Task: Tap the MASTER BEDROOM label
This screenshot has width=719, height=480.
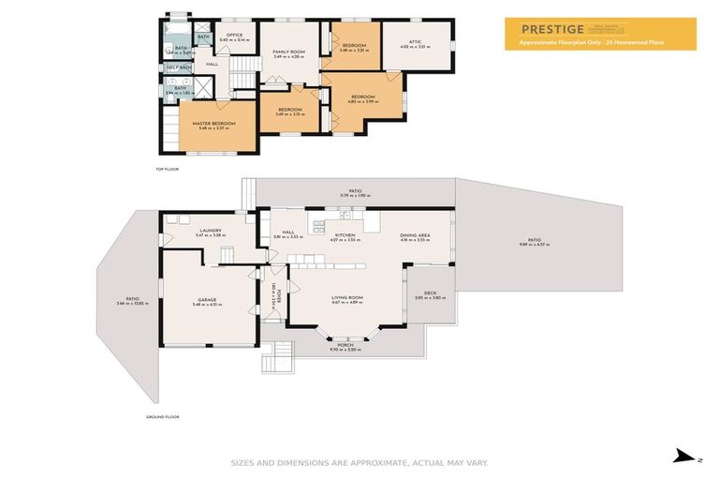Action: [213, 124]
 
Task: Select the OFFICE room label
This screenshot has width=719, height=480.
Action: [234, 35]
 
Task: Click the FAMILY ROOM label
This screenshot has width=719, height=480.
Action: [289, 52]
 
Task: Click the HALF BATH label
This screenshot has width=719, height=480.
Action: [179, 67]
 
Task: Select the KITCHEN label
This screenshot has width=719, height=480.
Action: [345, 234]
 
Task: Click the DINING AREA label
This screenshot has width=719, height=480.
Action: [415, 234]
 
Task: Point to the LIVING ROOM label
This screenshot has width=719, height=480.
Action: [347, 299]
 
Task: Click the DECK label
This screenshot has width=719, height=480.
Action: [430, 293]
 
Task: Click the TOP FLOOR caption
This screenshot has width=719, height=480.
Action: [167, 169]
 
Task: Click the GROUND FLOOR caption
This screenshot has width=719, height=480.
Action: [163, 416]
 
